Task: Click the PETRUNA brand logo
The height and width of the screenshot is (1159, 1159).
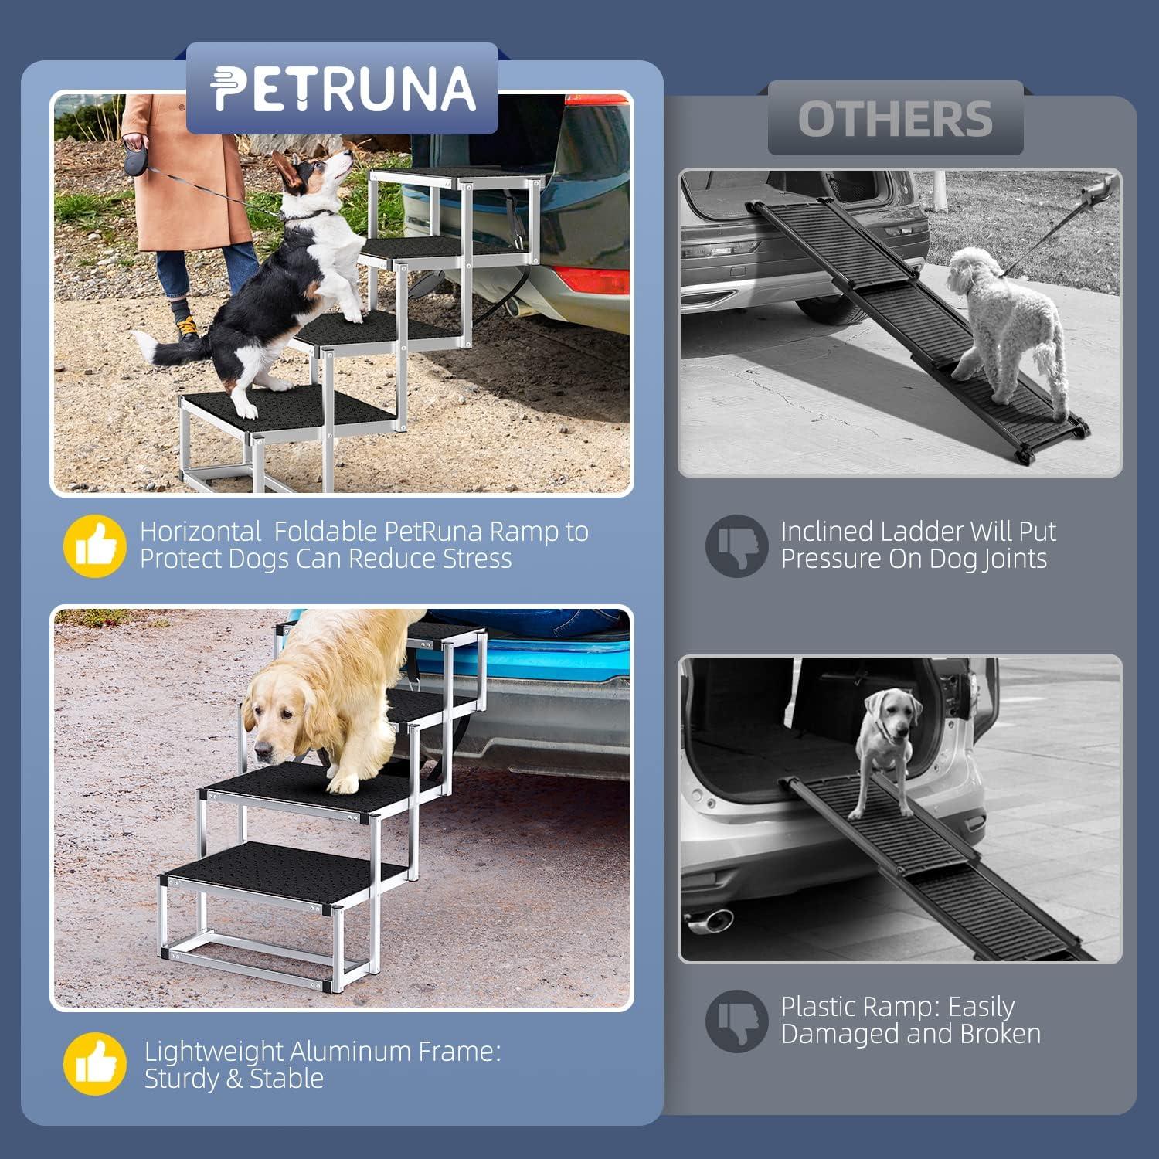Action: pos(342,88)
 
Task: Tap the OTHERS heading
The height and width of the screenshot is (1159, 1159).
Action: pos(895,119)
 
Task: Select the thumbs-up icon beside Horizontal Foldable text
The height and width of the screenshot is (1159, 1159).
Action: pos(94,546)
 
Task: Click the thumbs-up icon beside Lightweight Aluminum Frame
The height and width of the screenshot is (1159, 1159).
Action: pos(94,1065)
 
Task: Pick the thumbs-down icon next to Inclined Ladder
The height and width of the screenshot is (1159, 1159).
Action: pos(736,546)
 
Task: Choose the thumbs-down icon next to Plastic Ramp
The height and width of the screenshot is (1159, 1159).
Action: pos(736,1021)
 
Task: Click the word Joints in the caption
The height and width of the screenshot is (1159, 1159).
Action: pos(1013,559)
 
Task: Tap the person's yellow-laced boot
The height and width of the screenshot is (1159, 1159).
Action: pos(188,328)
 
